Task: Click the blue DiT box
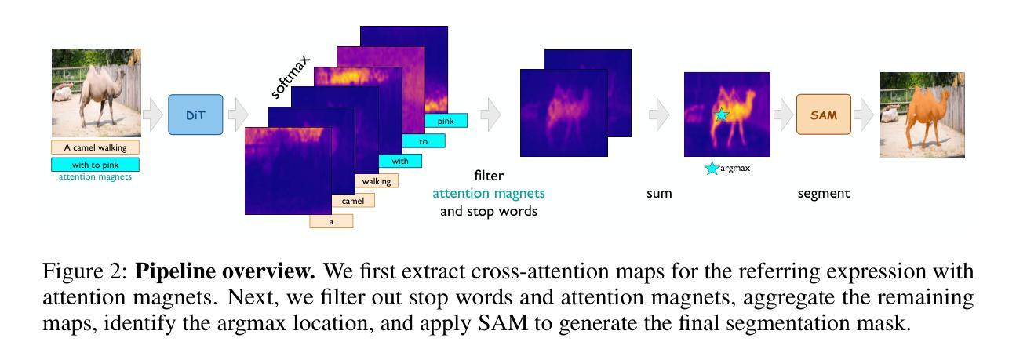[195, 115]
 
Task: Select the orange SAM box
[824, 115]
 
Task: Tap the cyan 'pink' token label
[446, 121]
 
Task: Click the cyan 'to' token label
[423, 141]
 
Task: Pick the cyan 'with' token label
[400, 161]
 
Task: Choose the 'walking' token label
[377, 181]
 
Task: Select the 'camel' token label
[353, 201]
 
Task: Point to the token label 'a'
[331, 221]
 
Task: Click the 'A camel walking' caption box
[95, 147]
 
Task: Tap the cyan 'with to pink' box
[95, 165]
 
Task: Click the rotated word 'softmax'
[290, 77]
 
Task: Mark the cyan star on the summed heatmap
[722, 115]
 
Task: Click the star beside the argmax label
[712, 168]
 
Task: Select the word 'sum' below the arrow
[659, 194]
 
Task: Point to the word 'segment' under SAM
[824, 194]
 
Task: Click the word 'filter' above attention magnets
[489, 176]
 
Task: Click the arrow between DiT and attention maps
[239, 115]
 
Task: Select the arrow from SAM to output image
[863, 115]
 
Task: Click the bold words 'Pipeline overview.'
[225, 271]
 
